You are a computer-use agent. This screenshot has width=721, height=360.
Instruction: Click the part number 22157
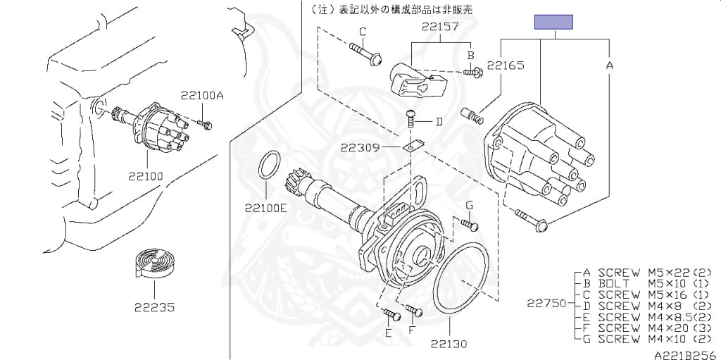[x=441, y=27]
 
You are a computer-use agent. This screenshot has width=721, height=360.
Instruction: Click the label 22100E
[x=266, y=207]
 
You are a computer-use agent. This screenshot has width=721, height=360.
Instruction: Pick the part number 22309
[x=360, y=148]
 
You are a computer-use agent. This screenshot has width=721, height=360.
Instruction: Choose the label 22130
[x=449, y=345]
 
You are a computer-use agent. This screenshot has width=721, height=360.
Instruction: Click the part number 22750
[x=546, y=304]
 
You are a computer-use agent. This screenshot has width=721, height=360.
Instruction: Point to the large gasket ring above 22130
[x=460, y=279]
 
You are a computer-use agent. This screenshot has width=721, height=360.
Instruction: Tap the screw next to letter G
[x=470, y=224]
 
